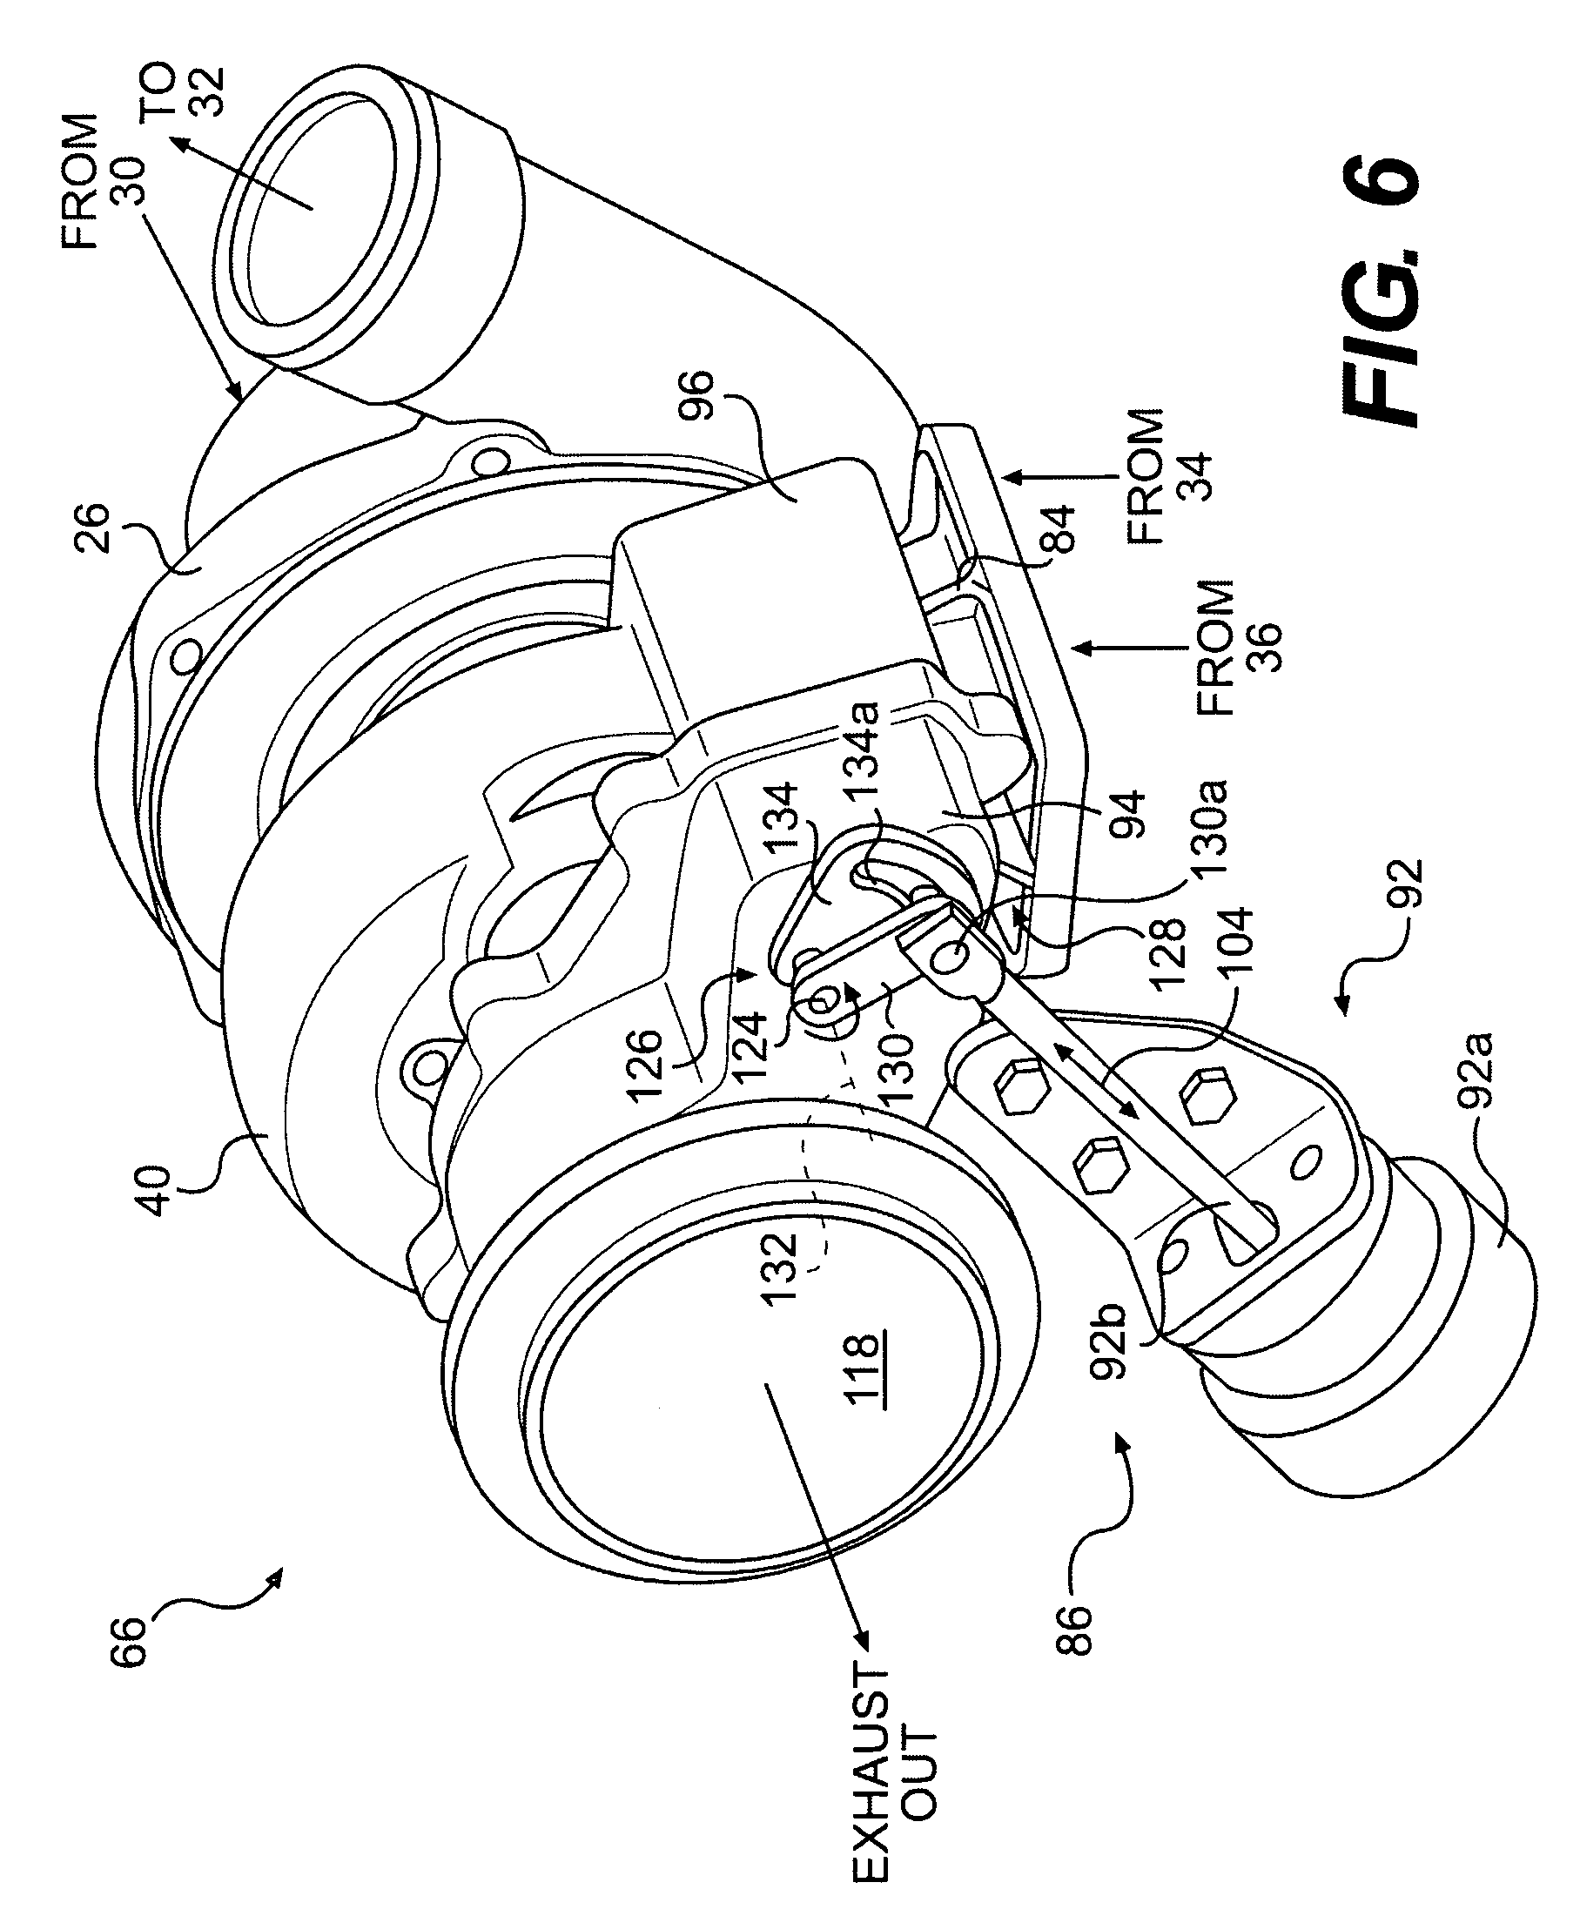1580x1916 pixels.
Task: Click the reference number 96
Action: pyautogui.click(x=697, y=393)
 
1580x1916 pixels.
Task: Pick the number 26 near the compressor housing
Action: pyautogui.click(x=92, y=528)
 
